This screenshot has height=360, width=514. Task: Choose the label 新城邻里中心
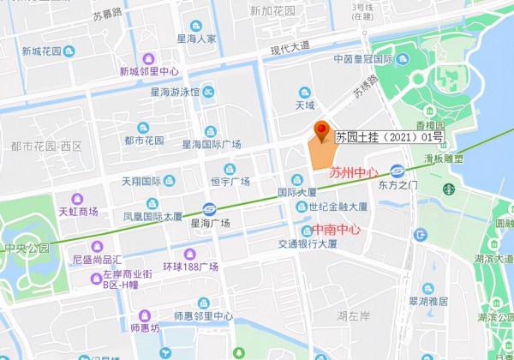click(x=148, y=71)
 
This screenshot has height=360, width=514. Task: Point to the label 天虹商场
click(x=78, y=211)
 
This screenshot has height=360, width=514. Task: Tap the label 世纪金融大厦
click(x=338, y=207)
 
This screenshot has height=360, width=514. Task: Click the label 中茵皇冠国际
click(x=363, y=60)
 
